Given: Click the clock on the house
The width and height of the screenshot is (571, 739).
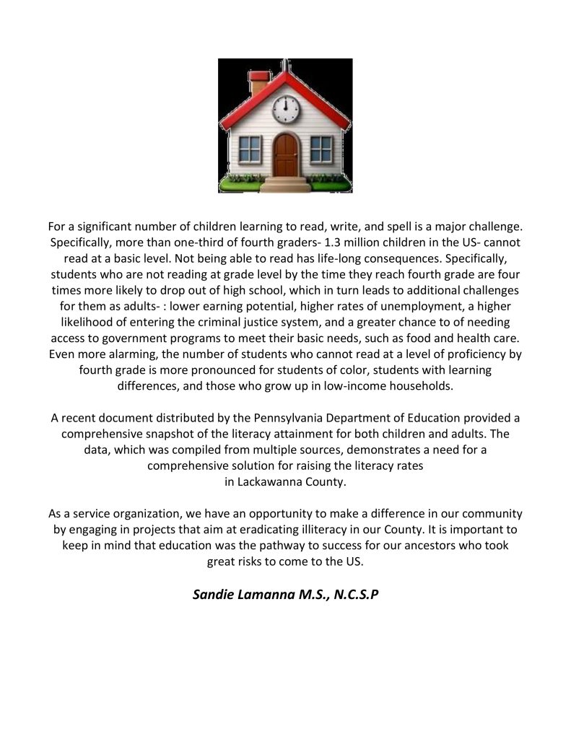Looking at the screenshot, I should (285, 108).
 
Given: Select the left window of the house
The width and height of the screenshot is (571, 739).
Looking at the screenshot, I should (250, 149).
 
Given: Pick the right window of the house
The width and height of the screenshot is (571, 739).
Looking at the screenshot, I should (321, 149).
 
